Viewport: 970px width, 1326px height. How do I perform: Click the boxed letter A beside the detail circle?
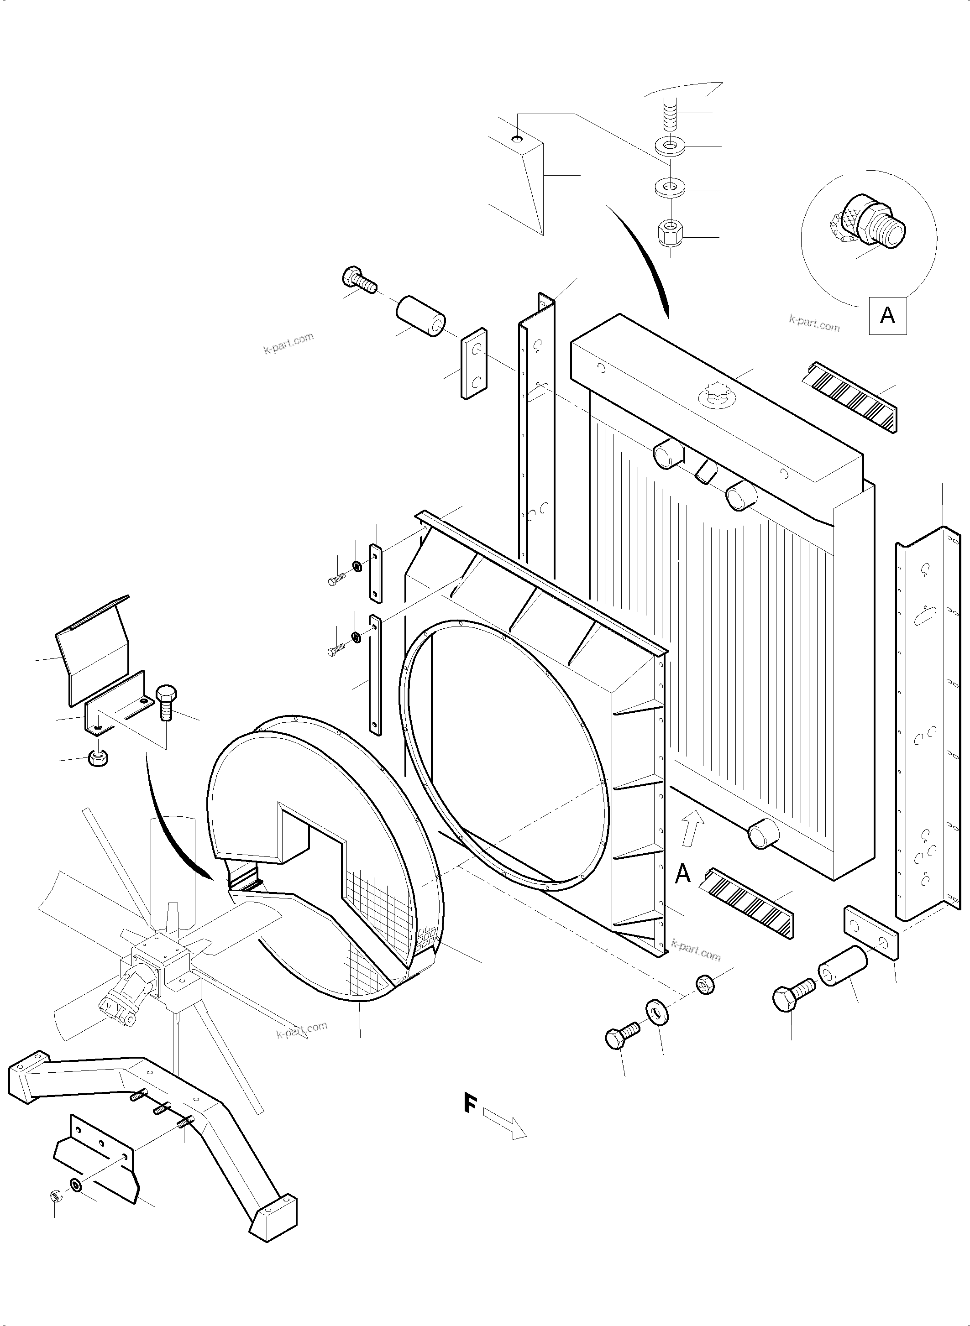click(x=887, y=316)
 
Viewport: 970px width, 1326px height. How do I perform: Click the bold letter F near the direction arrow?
click(x=470, y=1102)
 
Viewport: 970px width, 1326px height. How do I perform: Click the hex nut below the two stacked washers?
click(x=669, y=234)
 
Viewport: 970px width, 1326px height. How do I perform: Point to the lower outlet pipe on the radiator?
click(x=763, y=834)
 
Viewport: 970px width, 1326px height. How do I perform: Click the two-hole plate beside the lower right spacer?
click(x=871, y=933)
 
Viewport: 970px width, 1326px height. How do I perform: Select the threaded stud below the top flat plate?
click(x=669, y=117)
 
